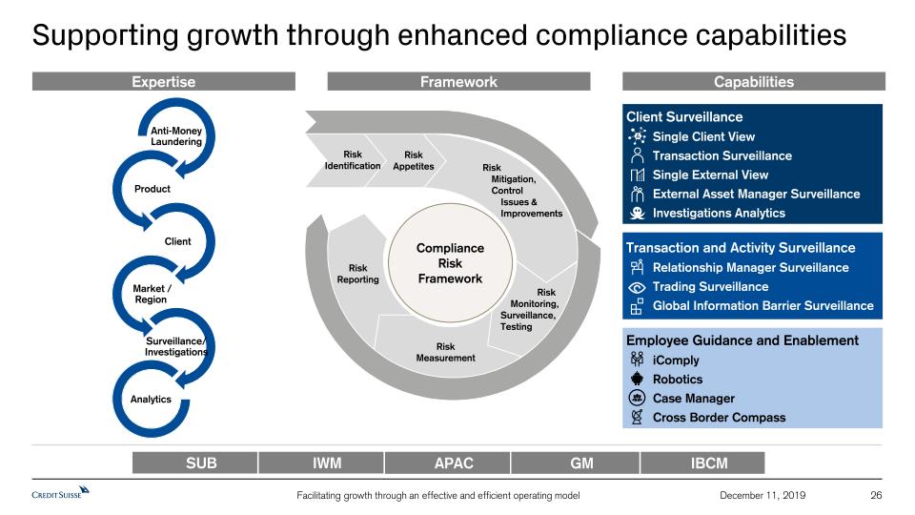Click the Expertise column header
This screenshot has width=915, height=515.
point(163,82)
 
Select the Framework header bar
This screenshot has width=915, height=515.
point(458,82)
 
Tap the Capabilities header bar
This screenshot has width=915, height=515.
point(753,82)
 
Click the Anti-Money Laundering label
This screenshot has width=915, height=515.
point(176,136)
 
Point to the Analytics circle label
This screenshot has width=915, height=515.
point(151,400)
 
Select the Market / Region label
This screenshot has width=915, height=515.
point(152,294)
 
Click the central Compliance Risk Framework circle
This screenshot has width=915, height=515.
point(451,263)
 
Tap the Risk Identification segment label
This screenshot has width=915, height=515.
point(353,160)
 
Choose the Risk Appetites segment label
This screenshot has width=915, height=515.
point(413,160)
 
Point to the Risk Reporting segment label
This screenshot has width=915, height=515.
point(357,274)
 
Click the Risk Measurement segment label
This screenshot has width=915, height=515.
point(445,352)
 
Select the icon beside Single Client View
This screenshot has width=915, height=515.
point(638,136)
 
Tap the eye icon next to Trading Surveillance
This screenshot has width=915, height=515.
point(637,287)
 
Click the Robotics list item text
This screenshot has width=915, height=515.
point(678,380)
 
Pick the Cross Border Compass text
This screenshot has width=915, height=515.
point(719,418)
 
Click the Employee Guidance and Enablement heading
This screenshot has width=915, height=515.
point(742,340)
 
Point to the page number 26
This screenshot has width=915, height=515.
point(876,495)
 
